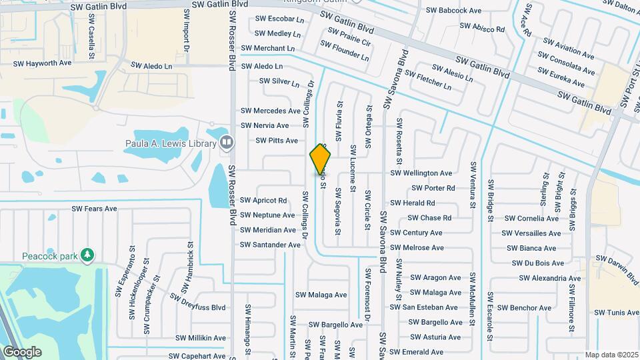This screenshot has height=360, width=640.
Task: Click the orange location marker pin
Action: click(321, 159)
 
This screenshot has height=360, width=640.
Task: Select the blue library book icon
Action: click(227, 143)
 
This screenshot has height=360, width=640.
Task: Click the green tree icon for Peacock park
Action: click(87, 255)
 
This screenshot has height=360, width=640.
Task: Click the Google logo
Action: click(22, 351)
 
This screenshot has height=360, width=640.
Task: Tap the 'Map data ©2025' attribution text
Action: click(611, 355)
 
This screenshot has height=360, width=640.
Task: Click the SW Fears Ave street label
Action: click(94, 209)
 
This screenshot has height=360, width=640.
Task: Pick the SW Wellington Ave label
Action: click(421, 173)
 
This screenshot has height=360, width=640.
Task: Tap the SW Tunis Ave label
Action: click(616, 313)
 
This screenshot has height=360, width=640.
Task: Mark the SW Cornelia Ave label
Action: click(531, 219)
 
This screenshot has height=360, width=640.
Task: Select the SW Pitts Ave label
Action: click(277, 141)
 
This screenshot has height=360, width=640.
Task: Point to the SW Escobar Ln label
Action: click(279, 19)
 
